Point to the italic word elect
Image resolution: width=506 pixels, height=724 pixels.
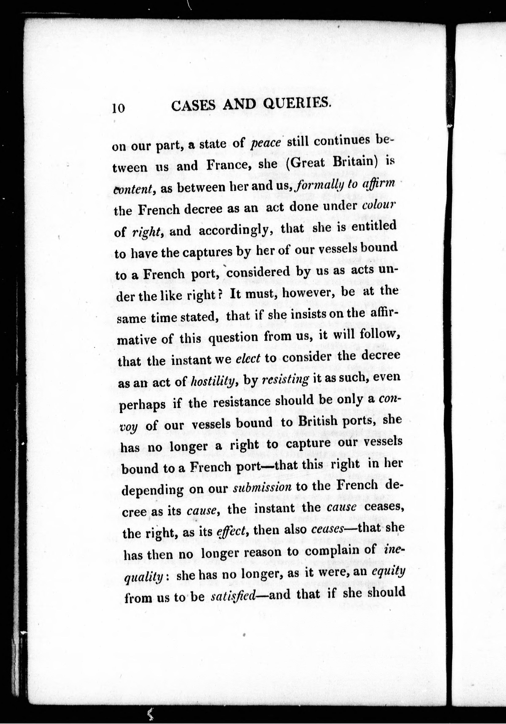(248, 359)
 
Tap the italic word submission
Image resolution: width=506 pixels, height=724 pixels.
(262, 488)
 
